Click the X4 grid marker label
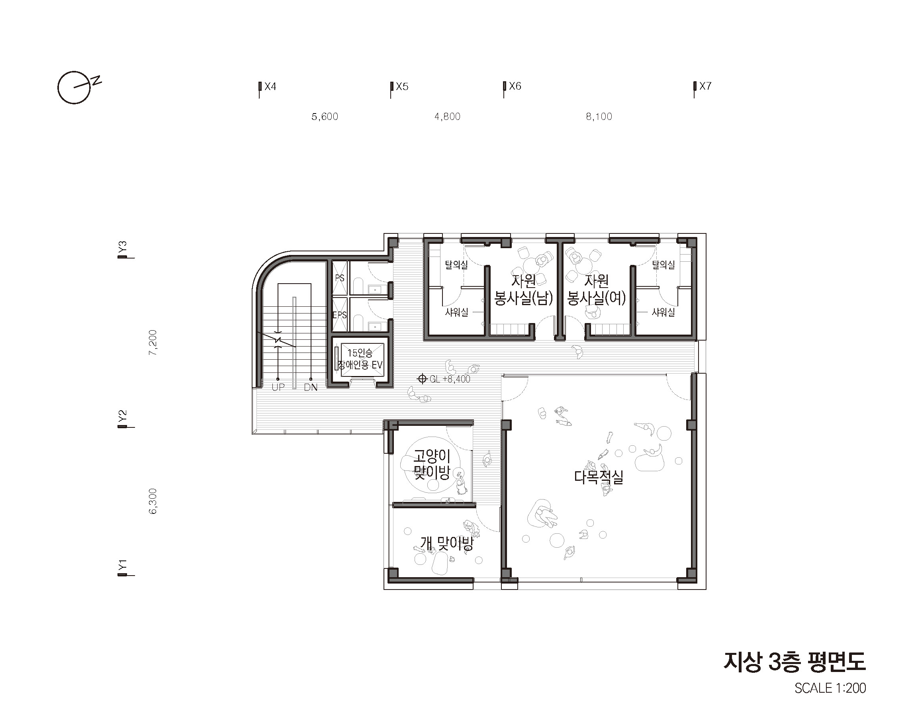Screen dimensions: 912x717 click(x=270, y=86)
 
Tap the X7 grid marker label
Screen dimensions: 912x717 click(x=705, y=86)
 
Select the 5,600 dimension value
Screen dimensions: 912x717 click(x=325, y=116)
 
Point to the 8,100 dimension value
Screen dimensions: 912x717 click(x=599, y=116)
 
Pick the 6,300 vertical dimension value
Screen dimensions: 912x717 click(x=153, y=501)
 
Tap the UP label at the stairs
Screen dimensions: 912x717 click(x=278, y=388)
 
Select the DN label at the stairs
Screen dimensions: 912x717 click(x=311, y=388)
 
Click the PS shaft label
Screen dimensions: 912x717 click(x=340, y=278)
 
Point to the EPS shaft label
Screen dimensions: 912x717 click(x=340, y=315)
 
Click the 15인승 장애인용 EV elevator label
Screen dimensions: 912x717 click(x=360, y=359)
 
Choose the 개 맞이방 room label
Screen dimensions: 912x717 click(x=447, y=544)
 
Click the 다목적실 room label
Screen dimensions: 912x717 click(x=599, y=477)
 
